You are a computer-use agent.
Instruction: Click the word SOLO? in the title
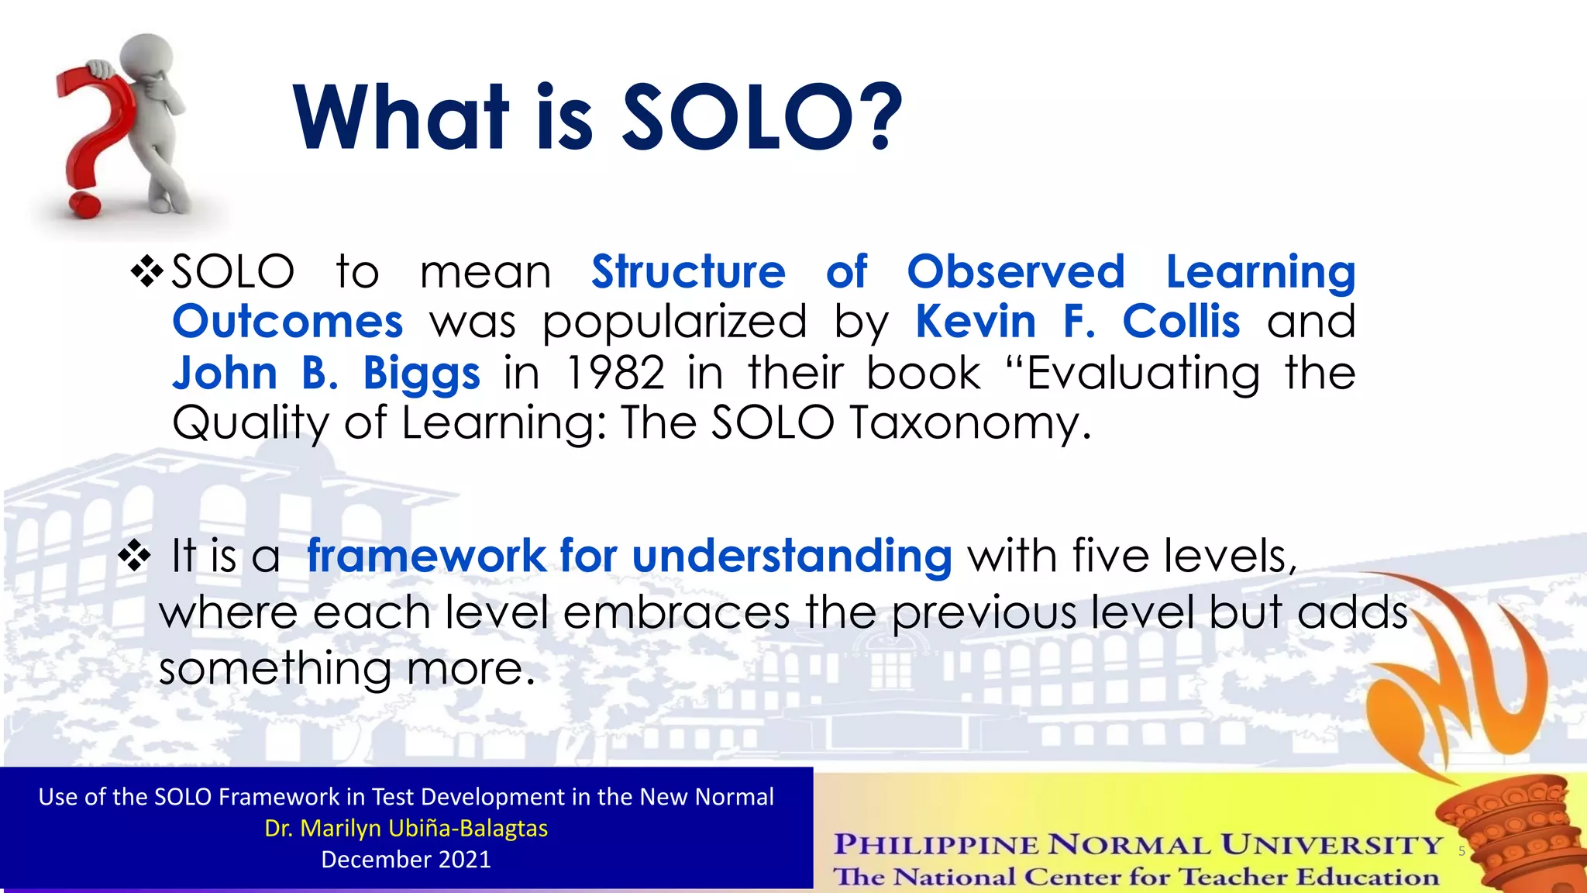(763, 118)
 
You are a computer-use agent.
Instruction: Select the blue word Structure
(688, 272)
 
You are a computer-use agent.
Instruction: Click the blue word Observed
(1015, 272)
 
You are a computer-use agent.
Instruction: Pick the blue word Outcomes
(287, 322)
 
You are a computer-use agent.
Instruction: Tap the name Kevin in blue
(975, 322)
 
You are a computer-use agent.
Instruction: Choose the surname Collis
(1181, 322)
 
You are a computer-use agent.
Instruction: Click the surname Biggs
(422, 374)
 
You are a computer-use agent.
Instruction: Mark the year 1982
(615, 374)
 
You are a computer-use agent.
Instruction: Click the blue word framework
(426, 556)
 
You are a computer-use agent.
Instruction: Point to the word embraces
(676, 612)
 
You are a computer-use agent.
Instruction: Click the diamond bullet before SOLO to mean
(146, 272)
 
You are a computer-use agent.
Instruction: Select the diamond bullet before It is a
(134, 556)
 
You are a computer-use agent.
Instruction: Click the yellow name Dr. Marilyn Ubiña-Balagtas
(406, 828)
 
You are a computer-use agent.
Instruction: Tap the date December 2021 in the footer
(406, 860)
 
